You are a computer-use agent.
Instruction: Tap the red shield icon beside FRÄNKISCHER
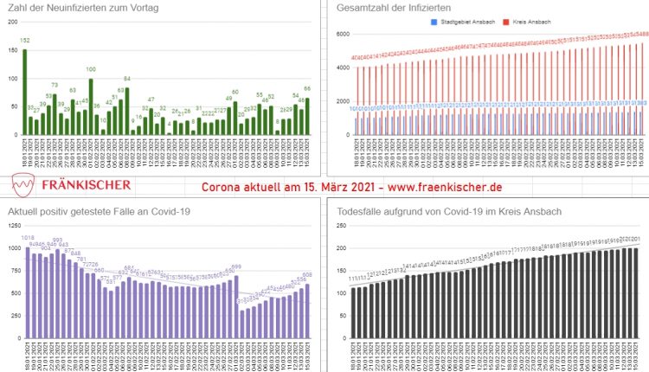24,185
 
